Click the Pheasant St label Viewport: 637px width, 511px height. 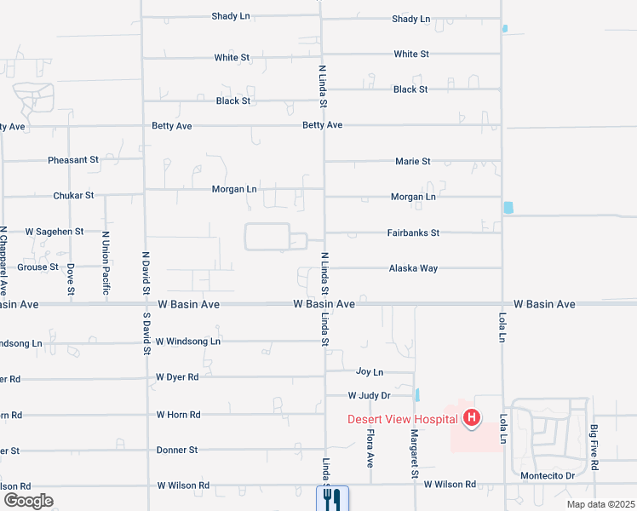coord(73,159)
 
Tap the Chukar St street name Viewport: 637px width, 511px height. coord(73,195)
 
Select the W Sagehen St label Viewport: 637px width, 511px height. coord(55,231)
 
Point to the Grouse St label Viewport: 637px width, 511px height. coord(37,267)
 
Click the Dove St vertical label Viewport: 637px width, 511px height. coord(71,278)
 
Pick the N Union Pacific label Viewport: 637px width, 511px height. coord(106,263)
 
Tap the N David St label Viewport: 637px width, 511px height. coord(146,272)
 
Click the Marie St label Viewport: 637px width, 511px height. coord(413,161)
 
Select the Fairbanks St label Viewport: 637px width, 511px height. coord(413,233)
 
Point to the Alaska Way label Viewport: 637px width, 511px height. coord(413,268)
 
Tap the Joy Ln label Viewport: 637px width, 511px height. coord(370,372)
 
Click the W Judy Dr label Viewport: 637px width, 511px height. coord(369,395)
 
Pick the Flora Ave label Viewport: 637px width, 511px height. coord(370,448)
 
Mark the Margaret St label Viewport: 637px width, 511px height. coord(414,453)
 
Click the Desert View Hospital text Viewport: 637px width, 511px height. coord(402,418)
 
